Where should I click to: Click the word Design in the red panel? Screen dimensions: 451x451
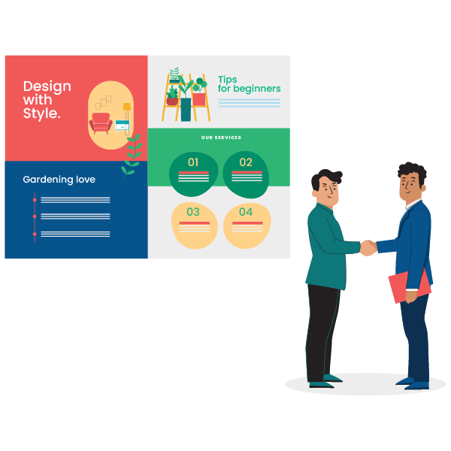click(x=47, y=87)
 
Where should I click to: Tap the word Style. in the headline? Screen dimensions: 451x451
click(x=41, y=114)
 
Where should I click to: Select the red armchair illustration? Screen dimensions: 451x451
click(x=101, y=123)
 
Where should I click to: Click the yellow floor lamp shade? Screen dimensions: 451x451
click(x=127, y=107)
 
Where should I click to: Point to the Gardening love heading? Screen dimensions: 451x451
click(x=59, y=180)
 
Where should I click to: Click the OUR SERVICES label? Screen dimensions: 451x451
click(x=221, y=138)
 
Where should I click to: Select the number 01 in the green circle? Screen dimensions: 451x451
click(x=193, y=162)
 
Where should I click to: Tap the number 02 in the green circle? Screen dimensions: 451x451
click(x=246, y=162)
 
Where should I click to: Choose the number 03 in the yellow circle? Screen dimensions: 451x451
click(x=193, y=212)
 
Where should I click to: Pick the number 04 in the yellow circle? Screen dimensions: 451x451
click(x=246, y=212)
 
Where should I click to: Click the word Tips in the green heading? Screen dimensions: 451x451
click(x=227, y=80)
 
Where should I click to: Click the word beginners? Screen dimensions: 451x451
click(x=257, y=89)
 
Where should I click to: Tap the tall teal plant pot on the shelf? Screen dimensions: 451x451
click(x=186, y=110)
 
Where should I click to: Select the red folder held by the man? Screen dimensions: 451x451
click(x=410, y=286)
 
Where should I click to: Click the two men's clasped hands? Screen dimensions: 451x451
click(x=368, y=247)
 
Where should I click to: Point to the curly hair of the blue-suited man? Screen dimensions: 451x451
click(x=413, y=172)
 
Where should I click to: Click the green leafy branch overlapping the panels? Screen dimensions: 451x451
click(x=132, y=156)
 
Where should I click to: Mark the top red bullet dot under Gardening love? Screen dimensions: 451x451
click(x=35, y=200)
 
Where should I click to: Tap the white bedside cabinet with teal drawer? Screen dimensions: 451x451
click(x=123, y=126)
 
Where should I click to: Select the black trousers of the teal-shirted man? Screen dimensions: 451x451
click(x=322, y=334)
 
